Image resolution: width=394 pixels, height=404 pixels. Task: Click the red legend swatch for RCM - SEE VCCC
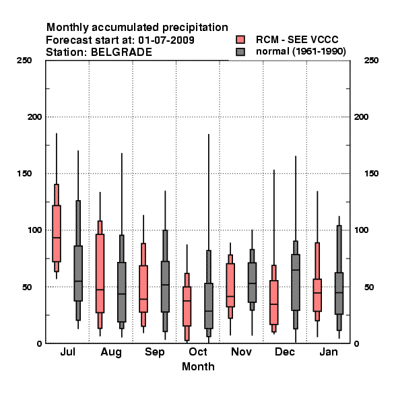pyautogui.click(x=240, y=40)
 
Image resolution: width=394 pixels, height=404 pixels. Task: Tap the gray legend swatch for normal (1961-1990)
pyautogui.click(x=240, y=52)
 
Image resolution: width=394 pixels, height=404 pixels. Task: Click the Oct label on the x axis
pyautogui.click(x=198, y=351)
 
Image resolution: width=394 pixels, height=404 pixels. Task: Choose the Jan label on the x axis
pyautogui.click(x=329, y=351)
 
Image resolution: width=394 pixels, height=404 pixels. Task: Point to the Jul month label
pyautogui.click(x=68, y=351)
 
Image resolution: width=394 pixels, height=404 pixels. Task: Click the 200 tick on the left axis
pyautogui.click(x=34, y=117)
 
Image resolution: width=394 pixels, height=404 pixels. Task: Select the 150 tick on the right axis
pyautogui.click(x=371, y=174)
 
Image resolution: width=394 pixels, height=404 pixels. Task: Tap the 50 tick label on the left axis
pyautogui.click(x=28, y=287)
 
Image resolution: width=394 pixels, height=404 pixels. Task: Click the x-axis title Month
pyautogui.click(x=198, y=367)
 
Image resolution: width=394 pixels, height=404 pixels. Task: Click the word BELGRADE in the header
pyautogui.click(x=121, y=53)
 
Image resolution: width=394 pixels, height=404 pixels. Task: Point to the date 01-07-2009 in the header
pyautogui.click(x=166, y=40)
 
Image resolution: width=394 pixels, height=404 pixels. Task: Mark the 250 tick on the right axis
pyautogui.click(x=371, y=61)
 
